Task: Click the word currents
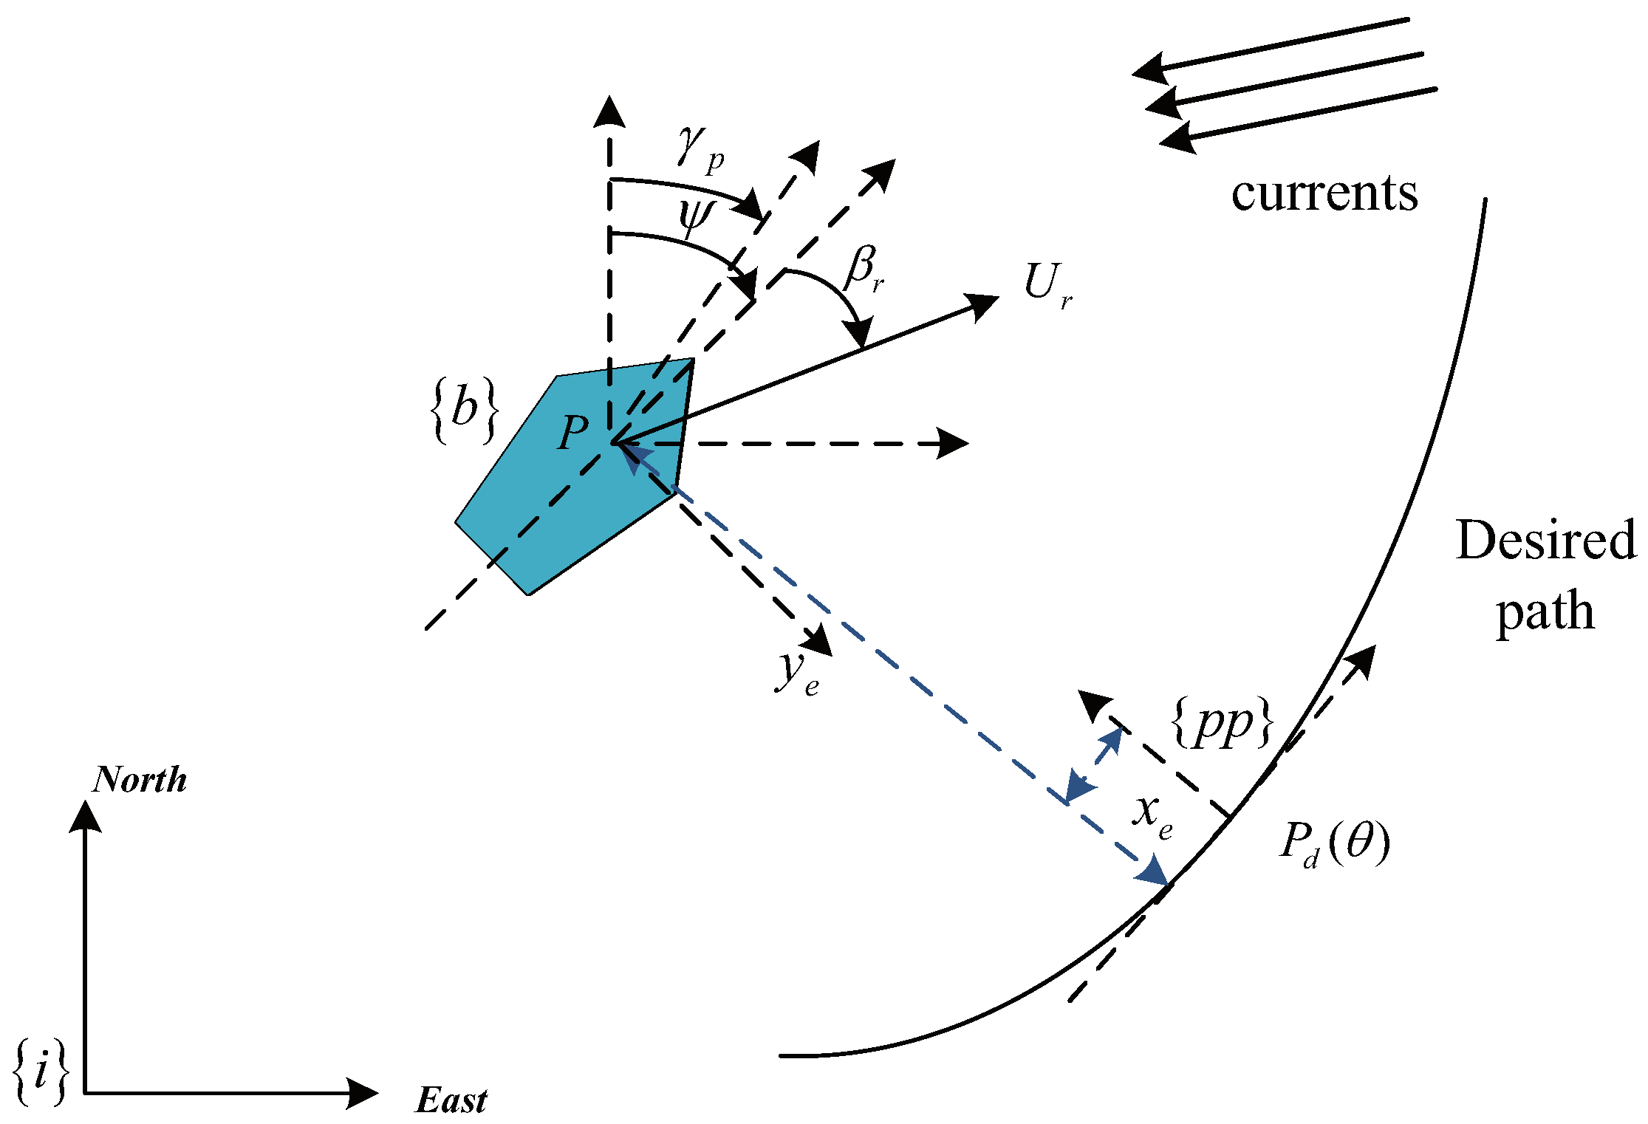(x=1324, y=193)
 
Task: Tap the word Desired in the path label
(x=1545, y=541)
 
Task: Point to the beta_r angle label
(x=864, y=270)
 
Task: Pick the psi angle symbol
(x=695, y=215)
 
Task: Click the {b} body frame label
(x=464, y=411)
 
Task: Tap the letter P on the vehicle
(x=572, y=432)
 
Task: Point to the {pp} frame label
(x=1223, y=722)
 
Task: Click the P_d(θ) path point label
(x=1334, y=843)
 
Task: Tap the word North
(x=140, y=779)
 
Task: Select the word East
(x=451, y=1100)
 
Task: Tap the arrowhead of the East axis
(x=363, y=1093)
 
